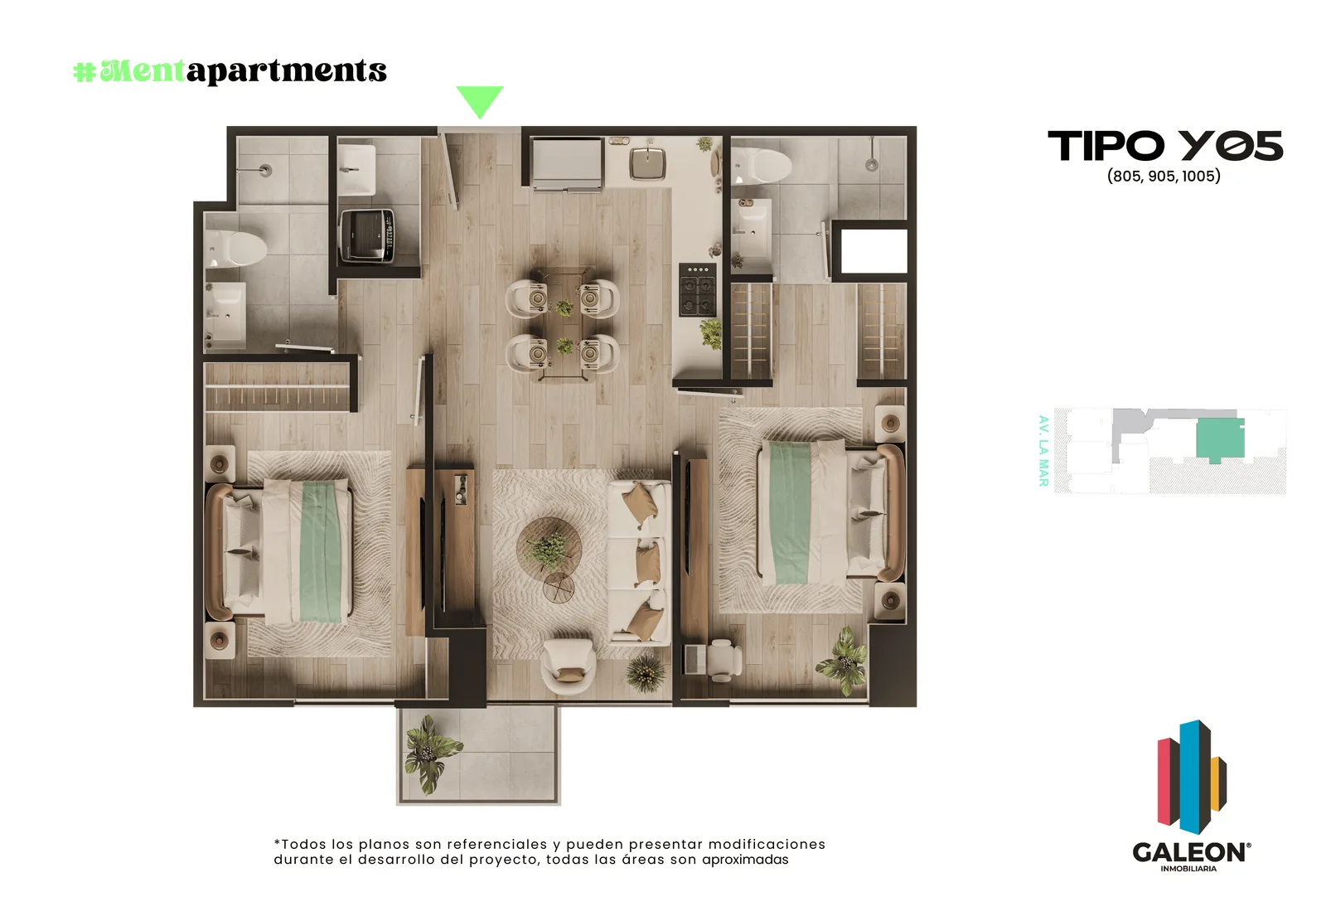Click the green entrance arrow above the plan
(480, 100)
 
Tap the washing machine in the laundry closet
(367, 235)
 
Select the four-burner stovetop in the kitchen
(697, 289)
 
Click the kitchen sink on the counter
(647, 162)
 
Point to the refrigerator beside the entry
(567, 163)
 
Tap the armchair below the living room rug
(569, 666)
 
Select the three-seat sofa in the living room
(639, 561)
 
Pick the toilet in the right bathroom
(762, 166)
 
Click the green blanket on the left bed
(320, 551)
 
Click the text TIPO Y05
(1165, 146)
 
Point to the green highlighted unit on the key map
(1219, 439)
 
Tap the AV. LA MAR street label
(1043, 451)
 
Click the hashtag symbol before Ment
(85, 72)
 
